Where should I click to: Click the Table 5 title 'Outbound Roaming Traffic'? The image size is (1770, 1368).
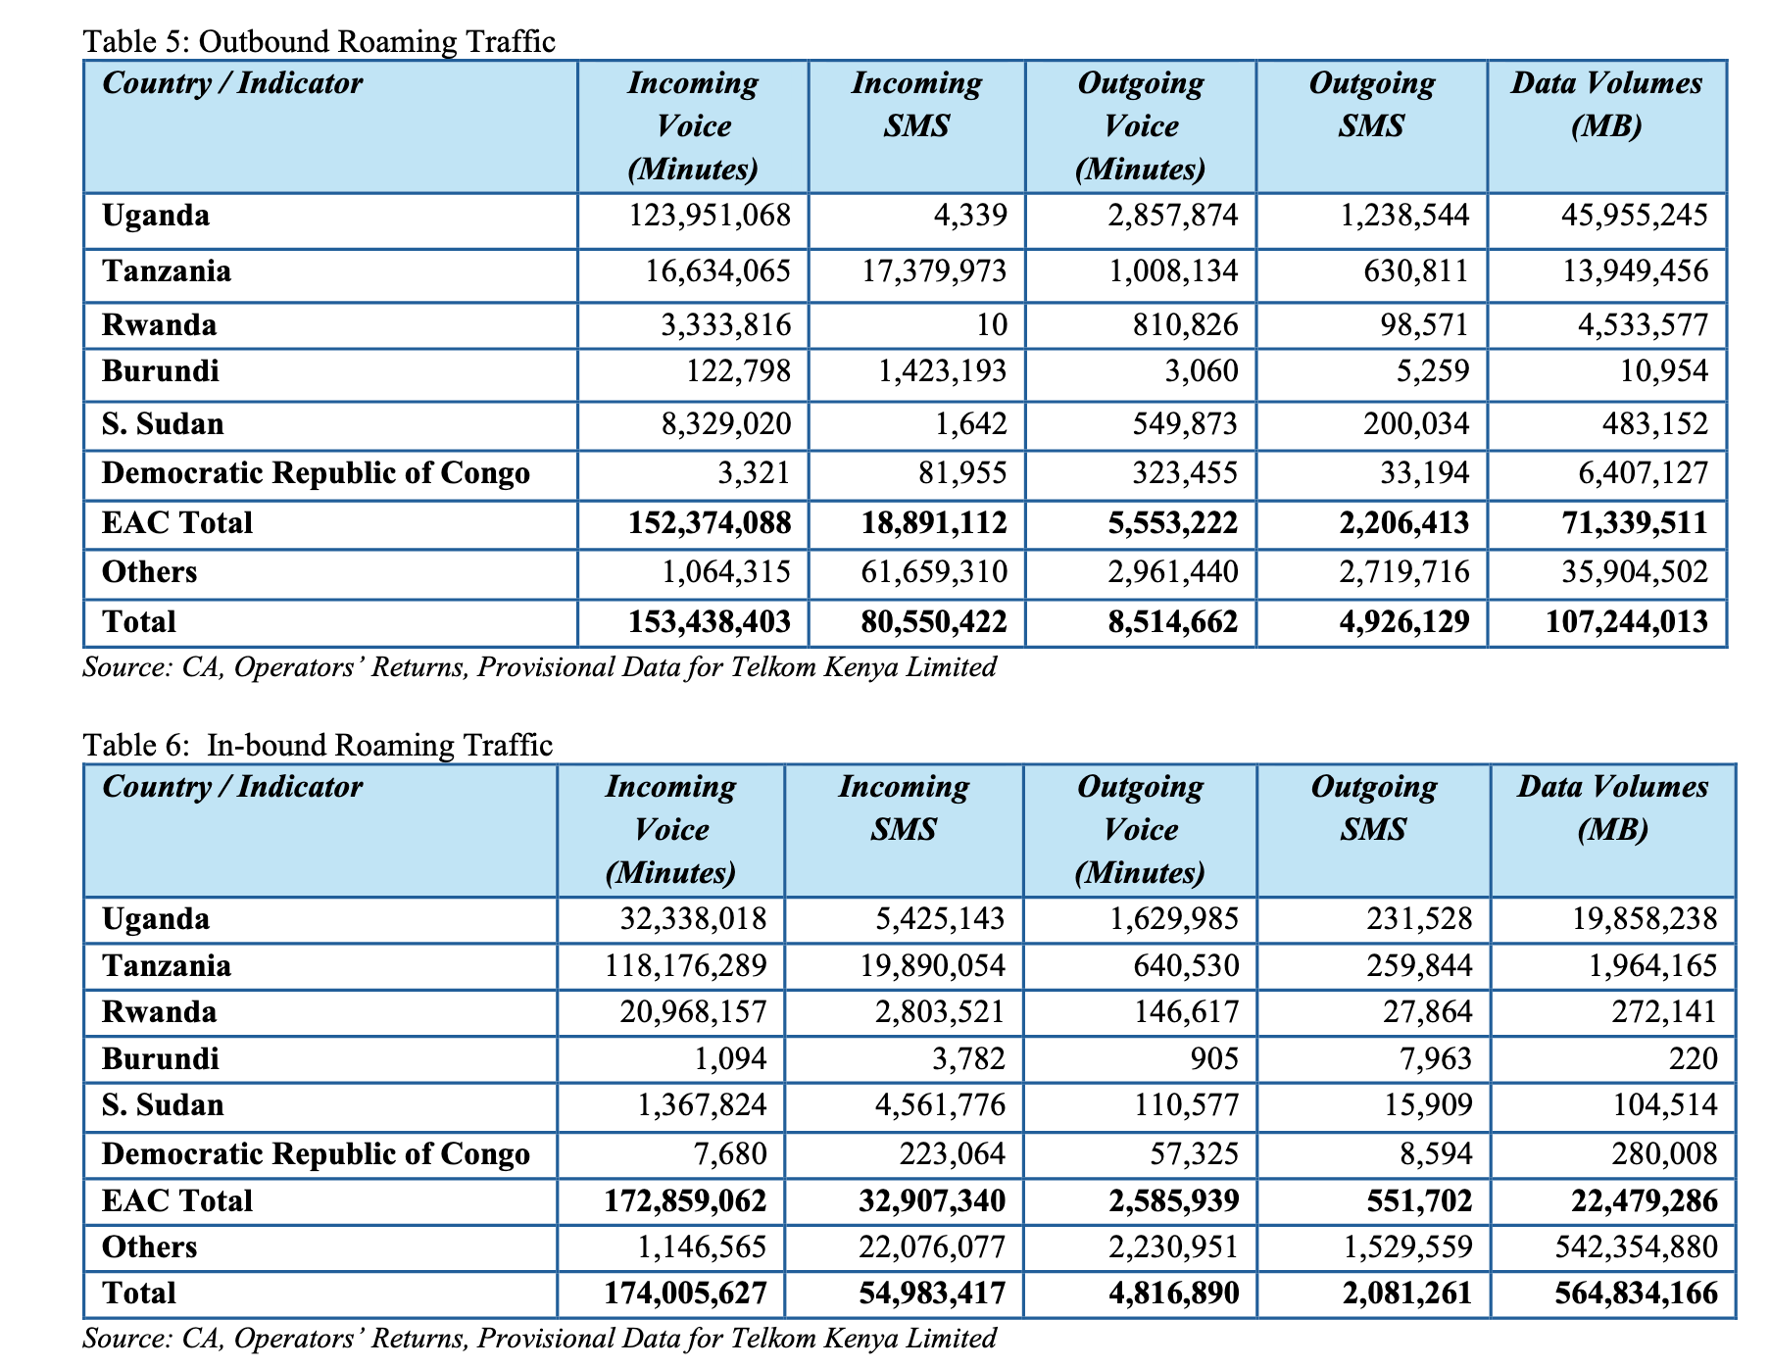[376, 41]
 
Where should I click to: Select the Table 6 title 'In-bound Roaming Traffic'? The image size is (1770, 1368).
[380, 745]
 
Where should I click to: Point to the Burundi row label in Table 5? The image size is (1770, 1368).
[161, 371]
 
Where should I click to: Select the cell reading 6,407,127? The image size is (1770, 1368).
[1635, 473]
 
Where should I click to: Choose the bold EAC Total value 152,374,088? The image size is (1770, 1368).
[710, 522]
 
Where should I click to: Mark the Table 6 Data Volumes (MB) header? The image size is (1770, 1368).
[1613, 807]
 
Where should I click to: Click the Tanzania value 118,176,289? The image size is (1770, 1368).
[694, 966]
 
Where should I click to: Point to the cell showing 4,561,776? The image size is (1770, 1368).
[940, 1105]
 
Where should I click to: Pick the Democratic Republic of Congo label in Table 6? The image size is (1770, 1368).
[316, 1153]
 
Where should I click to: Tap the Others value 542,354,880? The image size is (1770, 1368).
[1637, 1246]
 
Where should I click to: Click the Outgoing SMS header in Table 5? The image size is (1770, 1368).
[1372, 104]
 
